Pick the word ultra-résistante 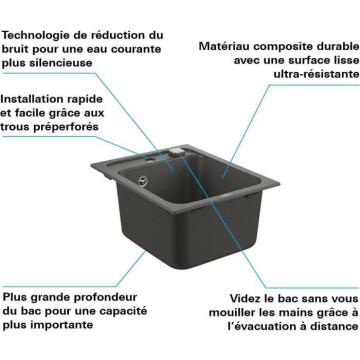point(317,74)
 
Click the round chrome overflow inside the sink point(143,180)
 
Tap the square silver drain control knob point(177,152)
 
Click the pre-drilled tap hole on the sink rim point(149,160)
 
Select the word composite point(281,47)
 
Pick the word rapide point(88,100)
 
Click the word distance point(335,326)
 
